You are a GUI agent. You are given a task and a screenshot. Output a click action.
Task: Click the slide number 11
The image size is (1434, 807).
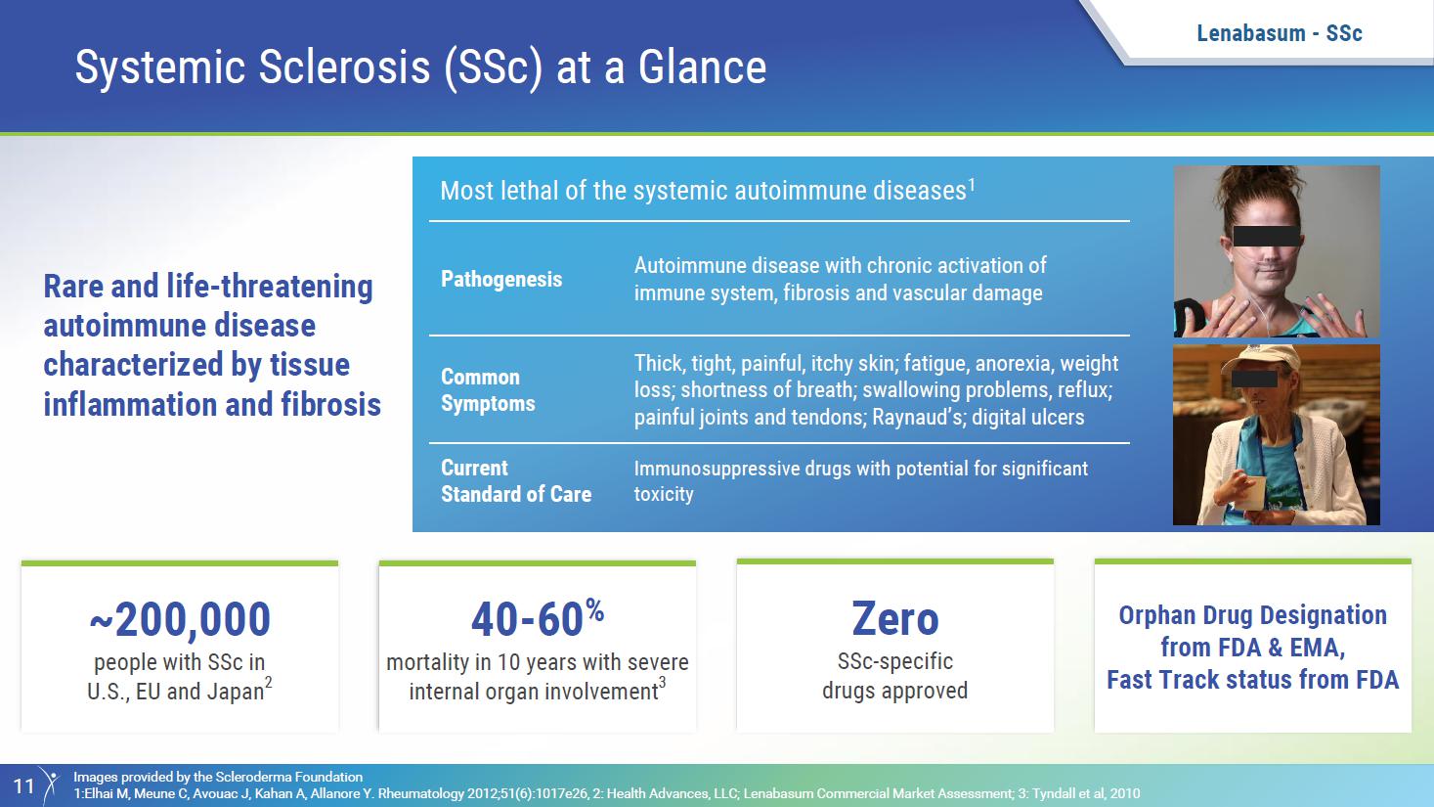[x=23, y=785]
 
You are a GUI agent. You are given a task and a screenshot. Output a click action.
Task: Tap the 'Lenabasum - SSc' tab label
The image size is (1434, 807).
[x=1280, y=32]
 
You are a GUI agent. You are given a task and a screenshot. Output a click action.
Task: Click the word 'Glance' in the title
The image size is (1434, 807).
[x=702, y=67]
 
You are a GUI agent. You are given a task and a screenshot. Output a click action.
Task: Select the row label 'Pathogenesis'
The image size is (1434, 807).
[x=501, y=279]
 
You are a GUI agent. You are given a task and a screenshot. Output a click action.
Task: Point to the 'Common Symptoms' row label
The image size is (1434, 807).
[x=488, y=390]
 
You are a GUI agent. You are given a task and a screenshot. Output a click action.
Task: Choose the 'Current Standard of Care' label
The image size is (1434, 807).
[x=516, y=481]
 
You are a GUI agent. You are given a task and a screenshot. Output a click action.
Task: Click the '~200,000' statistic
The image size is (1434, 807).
[x=180, y=619]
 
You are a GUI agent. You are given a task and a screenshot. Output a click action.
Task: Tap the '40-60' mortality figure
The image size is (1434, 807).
[x=526, y=619]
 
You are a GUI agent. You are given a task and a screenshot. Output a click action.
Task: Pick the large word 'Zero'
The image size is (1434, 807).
[x=895, y=618]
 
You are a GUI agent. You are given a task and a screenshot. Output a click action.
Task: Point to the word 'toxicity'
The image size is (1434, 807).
[x=664, y=494]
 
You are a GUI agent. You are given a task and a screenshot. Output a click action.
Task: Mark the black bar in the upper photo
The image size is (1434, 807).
[x=1266, y=237]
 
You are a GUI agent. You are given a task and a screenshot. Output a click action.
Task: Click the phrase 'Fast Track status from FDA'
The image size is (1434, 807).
[x=1253, y=680]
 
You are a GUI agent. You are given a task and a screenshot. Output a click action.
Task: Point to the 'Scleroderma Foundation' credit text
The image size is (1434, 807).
[x=288, y=777]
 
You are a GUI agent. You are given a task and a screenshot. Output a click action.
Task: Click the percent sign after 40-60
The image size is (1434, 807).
[x=594, y=610]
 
